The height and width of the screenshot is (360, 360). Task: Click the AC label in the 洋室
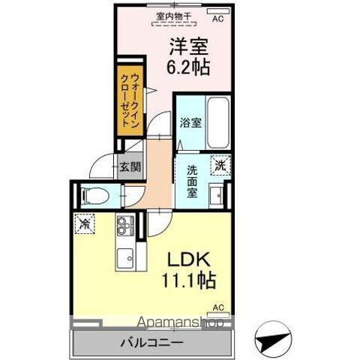[x=218, y=19]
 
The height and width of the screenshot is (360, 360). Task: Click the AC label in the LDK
[x=218, y=307]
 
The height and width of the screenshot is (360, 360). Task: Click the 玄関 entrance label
[x=129, y=166]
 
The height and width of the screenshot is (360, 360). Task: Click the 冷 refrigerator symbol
[x=85, y=223]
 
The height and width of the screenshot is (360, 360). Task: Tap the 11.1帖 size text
[x=191, y=282]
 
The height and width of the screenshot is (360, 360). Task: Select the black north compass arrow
[x=274, y=338]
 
